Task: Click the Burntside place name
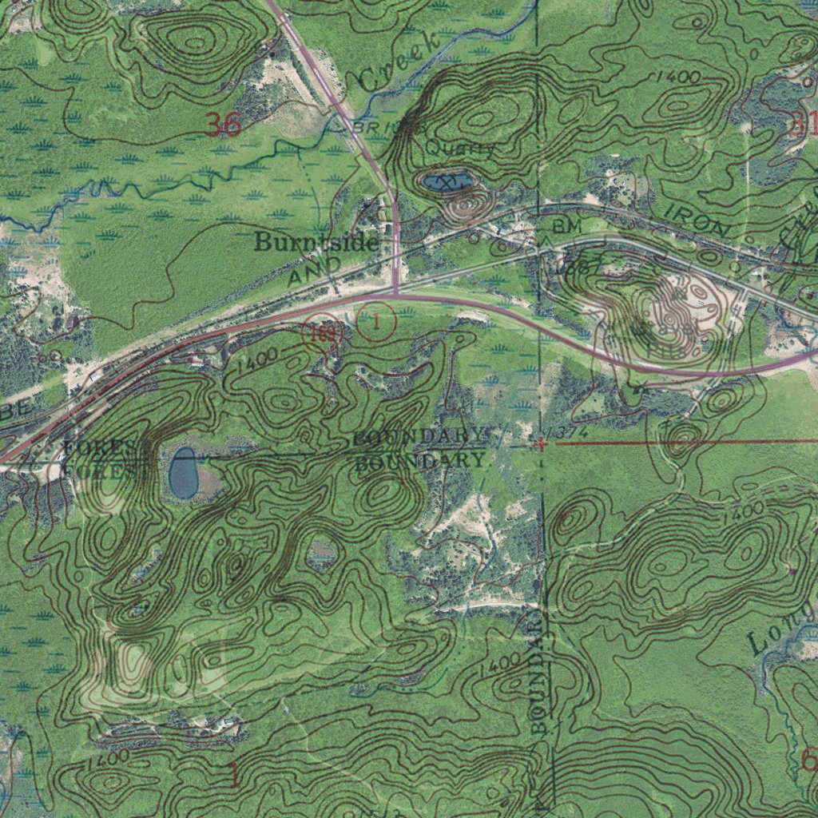316,243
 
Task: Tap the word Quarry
459,148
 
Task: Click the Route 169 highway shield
322,334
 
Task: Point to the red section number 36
223,125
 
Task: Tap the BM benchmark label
568,227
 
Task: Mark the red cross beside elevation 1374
542,443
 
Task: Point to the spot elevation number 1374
570,432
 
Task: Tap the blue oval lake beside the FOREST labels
184,473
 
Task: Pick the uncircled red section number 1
234,774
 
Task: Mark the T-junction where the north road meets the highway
396,295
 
